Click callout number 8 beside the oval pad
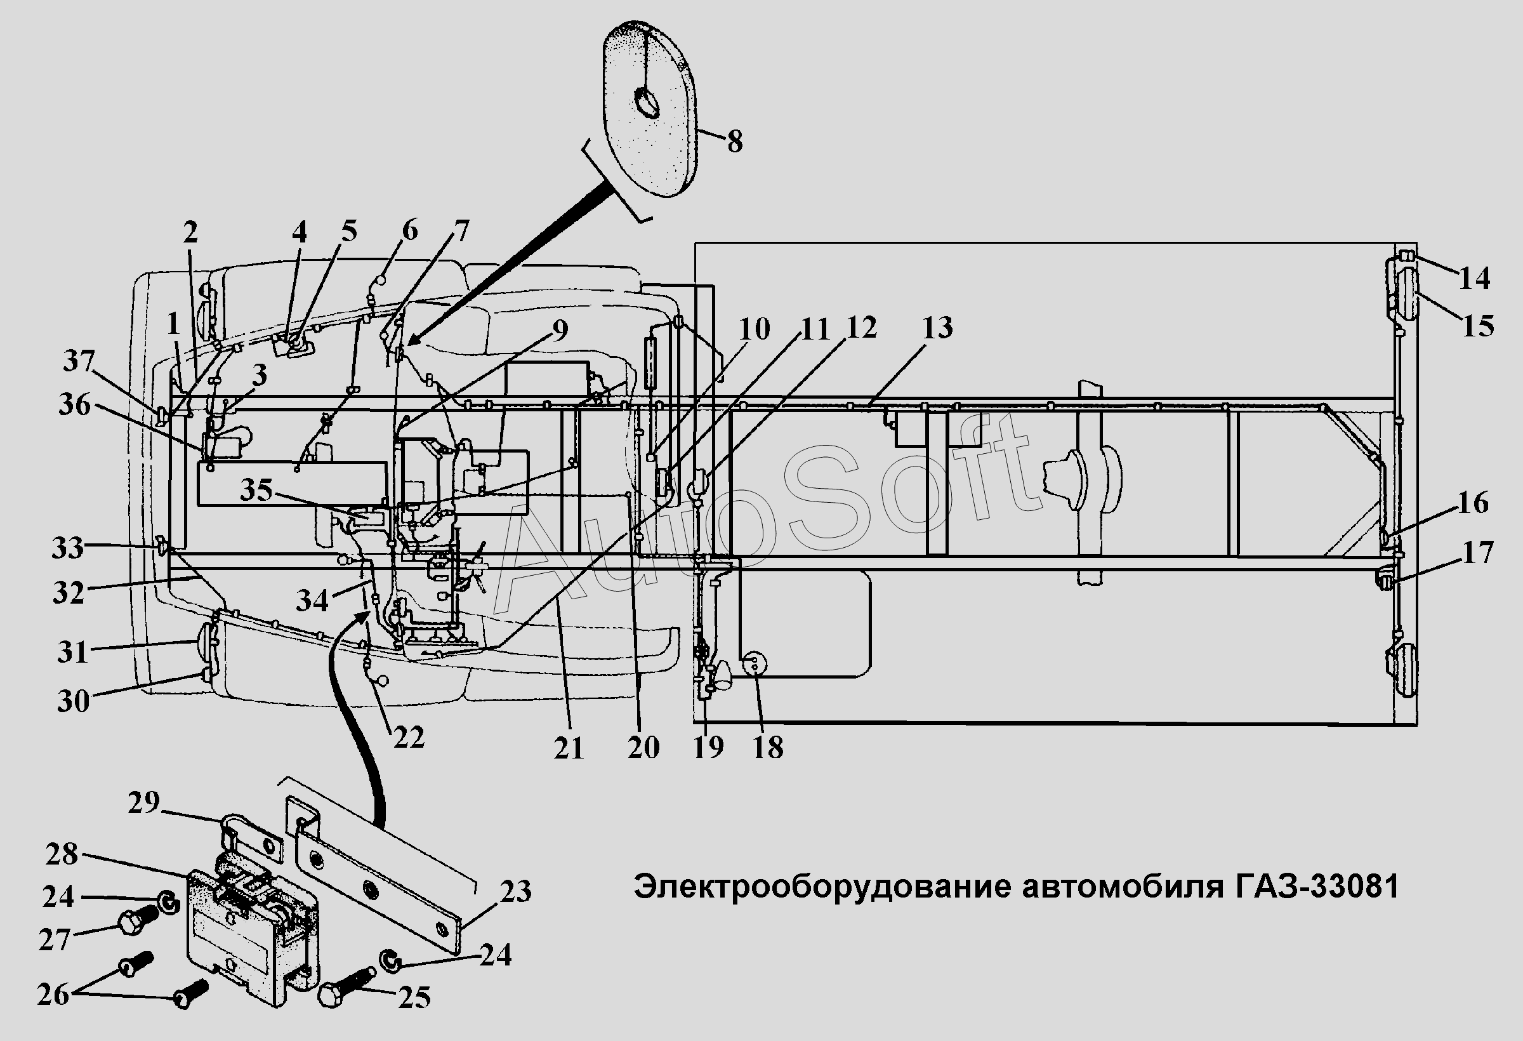tap(735, 142)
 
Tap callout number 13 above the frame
tap(937, 328)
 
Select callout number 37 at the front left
tap(79, 361)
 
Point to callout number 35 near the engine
tap(256, 489)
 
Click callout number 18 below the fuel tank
tap(768, 747)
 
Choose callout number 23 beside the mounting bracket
tap(516, 892)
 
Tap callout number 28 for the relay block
tap(62, 854)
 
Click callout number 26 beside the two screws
tap(53, 995)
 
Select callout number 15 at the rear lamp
tap(1479, 326)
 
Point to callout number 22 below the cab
tap(409, 738)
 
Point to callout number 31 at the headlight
tap(72, 653)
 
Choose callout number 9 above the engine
tap(559, 331)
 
